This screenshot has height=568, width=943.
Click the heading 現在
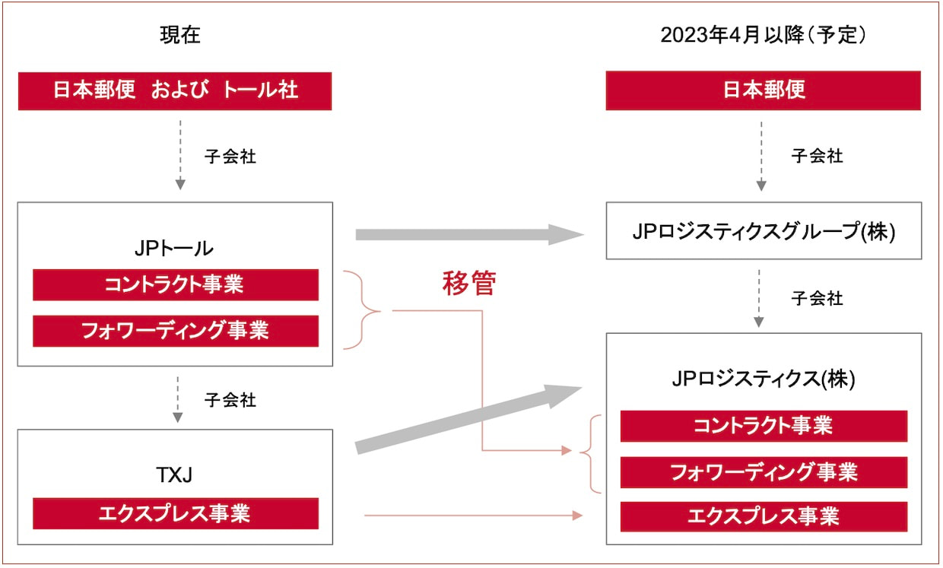point(179,35)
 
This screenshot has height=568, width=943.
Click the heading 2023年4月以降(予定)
point(763,35)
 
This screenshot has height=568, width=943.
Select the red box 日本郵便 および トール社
point(175,91)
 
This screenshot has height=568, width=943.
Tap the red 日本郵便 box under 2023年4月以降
point(763,90)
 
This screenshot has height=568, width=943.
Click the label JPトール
point(174,249)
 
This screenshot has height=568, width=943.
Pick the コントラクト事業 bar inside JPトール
point(176,284)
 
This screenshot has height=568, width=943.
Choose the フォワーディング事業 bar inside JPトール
point(176,331)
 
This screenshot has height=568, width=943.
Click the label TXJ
point(174,475)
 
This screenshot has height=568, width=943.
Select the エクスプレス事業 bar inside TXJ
point(176,514)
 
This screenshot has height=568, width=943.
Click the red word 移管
point(469,284)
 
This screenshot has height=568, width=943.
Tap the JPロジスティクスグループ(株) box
point(764,230)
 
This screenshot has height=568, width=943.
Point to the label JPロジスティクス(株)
point(764,379)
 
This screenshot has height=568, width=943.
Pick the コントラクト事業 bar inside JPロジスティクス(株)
point(764,426)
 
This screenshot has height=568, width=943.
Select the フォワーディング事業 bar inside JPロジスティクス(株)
point(764,472)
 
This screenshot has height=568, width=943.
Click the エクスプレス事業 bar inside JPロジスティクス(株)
point(764,516)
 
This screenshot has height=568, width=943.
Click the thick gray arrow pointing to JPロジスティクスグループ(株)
point(470,234)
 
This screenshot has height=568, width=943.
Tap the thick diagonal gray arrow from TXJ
point(468,418)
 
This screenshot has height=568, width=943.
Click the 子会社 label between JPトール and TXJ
point(230,400)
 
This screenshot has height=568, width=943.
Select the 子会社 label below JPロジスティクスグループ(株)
point(817,299)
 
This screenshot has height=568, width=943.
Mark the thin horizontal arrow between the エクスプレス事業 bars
point(473,516)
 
